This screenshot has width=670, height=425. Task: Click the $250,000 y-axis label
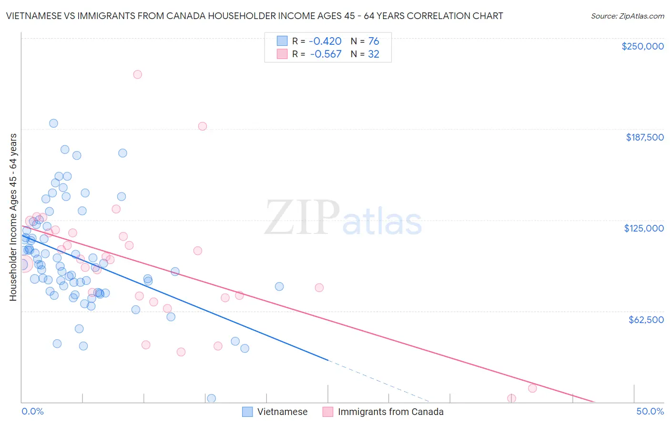(642, 46)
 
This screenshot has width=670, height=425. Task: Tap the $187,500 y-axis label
(644, 137)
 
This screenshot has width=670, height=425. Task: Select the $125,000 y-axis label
(644, 228)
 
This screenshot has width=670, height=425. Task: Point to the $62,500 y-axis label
(646, 320)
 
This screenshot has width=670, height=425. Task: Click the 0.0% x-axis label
(32, 411)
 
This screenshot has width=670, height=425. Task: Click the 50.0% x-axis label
(650, 411)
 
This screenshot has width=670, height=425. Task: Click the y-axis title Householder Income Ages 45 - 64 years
(13, 217)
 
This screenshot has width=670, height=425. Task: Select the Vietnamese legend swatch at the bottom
(247, 412)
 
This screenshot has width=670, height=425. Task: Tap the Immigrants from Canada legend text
(390, 412)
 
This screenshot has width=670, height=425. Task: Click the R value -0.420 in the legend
(326, 41)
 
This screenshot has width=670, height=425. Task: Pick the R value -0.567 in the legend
(326, 54)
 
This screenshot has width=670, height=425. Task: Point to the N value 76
(374, 41)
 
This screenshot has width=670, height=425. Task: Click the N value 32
(374, 54)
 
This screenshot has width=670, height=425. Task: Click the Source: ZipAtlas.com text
(627, 16)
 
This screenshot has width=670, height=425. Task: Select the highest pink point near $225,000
(137, 74)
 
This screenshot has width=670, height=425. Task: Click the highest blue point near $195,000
(53, 123)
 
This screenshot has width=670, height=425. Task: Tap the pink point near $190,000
(202, 126)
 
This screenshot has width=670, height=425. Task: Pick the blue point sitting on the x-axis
(211, 398)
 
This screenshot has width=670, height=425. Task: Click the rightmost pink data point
(532, 388)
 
